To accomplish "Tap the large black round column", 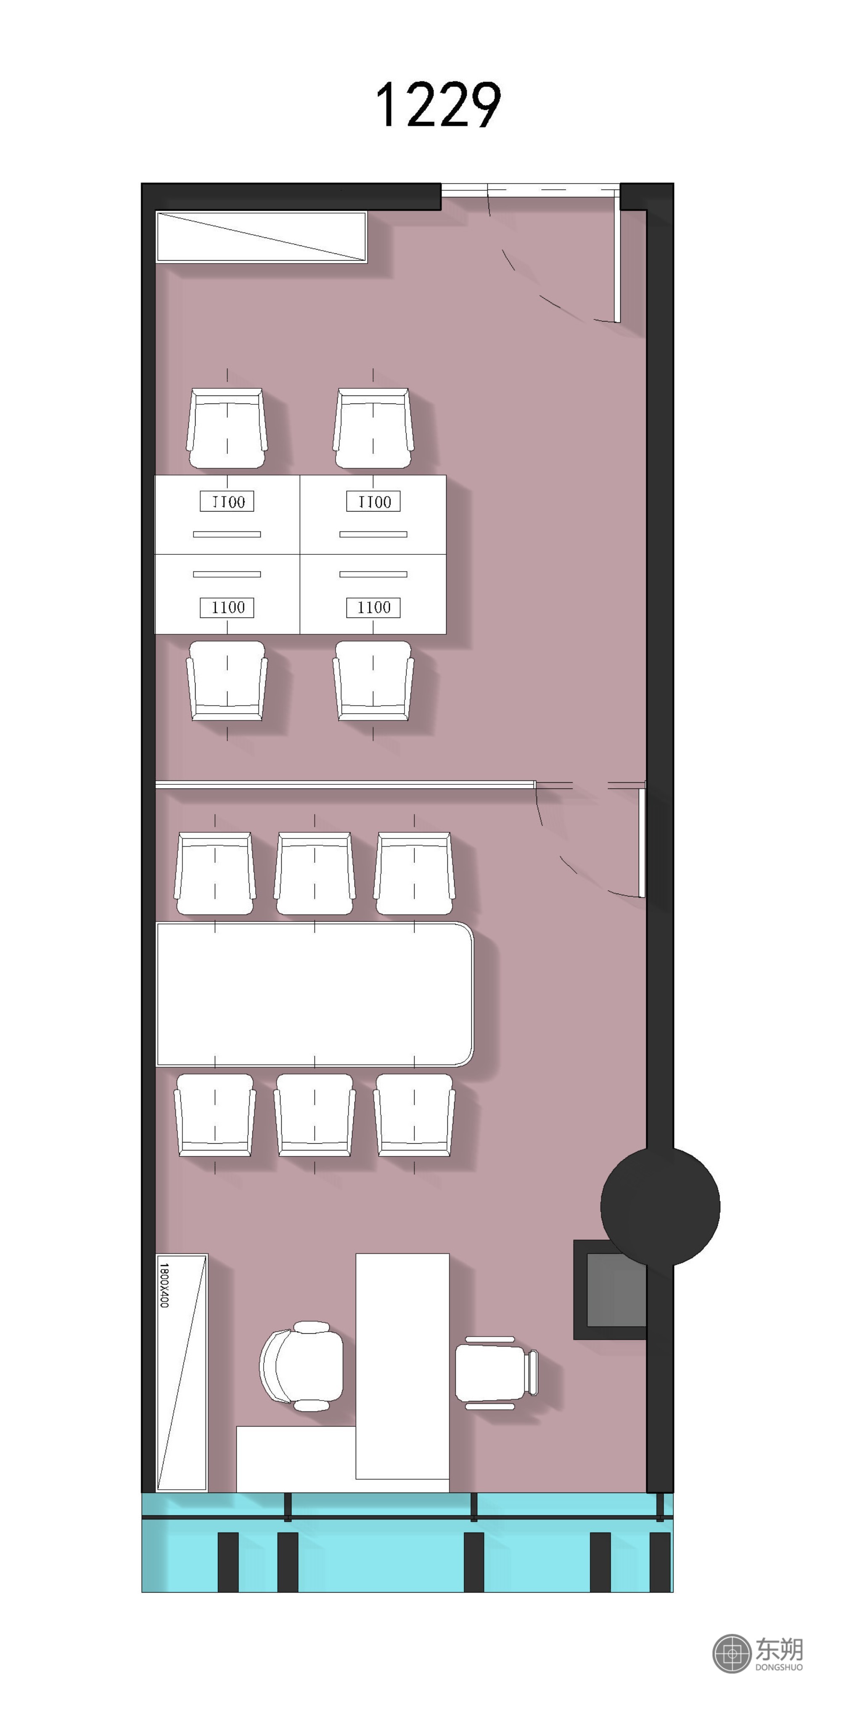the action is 660,1206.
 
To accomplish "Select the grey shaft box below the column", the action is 610,1289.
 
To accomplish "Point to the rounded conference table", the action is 315,994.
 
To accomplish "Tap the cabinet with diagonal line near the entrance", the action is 261,237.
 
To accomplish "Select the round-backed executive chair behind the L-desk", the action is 302,1366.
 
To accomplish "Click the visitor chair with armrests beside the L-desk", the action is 496,1372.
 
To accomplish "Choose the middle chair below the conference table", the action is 315,1115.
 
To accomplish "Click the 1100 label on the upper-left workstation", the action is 227,502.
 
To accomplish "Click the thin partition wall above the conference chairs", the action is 345,785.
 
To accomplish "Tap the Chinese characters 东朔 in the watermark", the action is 778,1649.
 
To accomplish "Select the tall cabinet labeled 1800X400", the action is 182,1372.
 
